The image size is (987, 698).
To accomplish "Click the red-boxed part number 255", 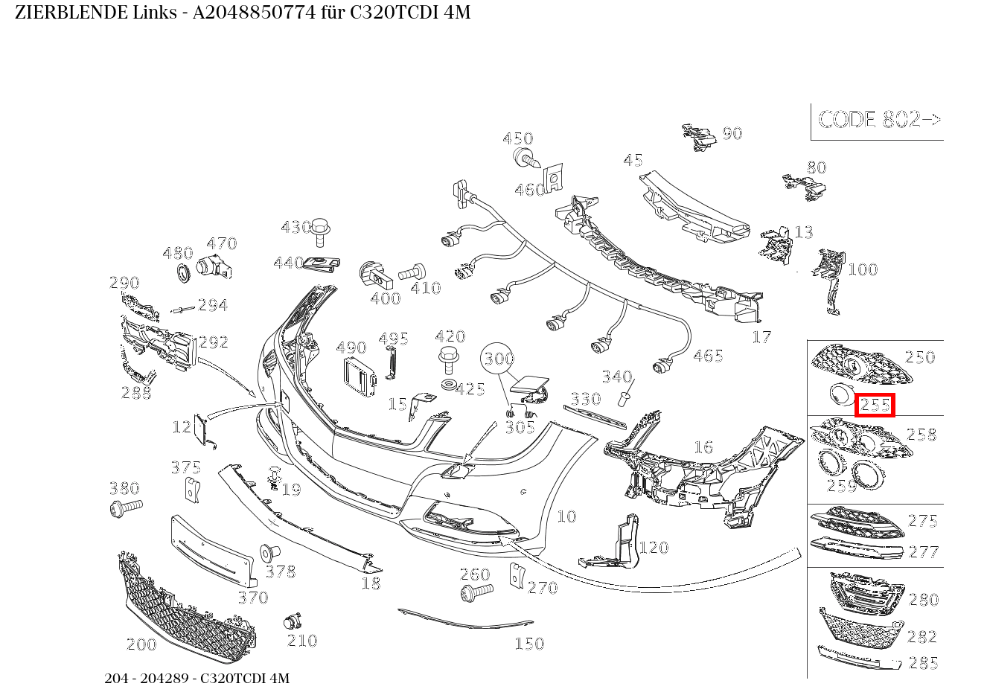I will [x=875, y=405].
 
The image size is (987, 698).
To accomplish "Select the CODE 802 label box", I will [x=878, y=121].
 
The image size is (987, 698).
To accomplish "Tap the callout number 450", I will [x=518, y=138].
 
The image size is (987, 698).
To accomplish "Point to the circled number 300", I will [x=498, y=359].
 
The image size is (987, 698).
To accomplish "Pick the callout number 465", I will [x=708, y=356].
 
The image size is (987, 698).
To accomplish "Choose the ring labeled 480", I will [x=182, y=273].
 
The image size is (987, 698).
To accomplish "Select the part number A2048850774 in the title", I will [x=255, y=13].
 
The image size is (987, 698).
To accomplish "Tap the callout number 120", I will [x=654, y=548].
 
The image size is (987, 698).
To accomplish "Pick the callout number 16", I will [x=703, y=447].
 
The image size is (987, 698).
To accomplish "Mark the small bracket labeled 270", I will [x=515, y=574].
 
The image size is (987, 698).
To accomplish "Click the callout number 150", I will [x=529, y=644].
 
